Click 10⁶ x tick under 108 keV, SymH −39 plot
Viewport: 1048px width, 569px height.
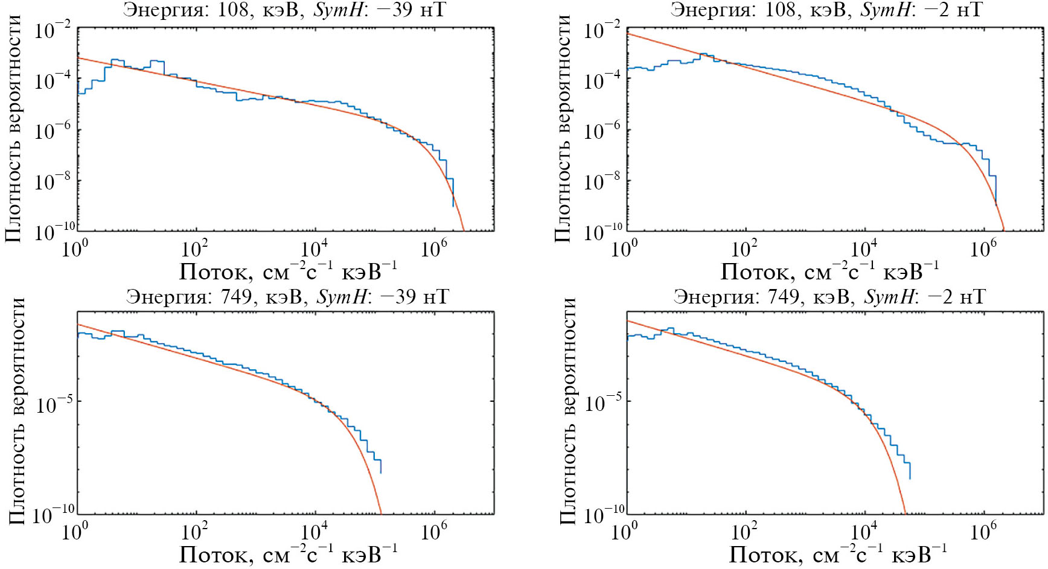[x=432, y=247]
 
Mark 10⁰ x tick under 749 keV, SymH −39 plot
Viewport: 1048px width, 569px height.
[x=74, y=531]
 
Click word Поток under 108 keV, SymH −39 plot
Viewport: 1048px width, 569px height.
[x=216, y=272]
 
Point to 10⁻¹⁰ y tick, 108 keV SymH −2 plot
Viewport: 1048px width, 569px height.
[x=602, y=232]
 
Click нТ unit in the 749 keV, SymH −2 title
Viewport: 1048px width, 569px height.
[x=972, y=296]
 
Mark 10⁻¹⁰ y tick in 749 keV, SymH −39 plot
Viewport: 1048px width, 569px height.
[x=54, y=515]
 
